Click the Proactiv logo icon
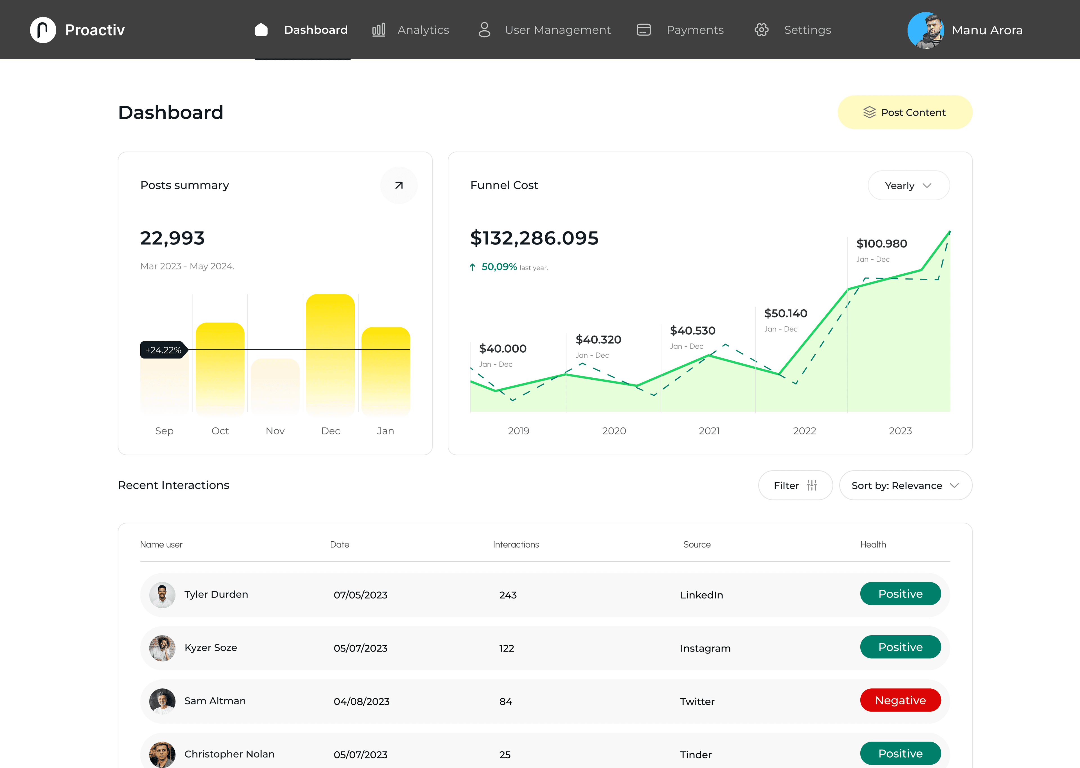(x=43, y=30)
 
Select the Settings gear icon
(x=761, y=30)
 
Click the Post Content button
(x=904, y=112)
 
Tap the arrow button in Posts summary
(x=399, y=185)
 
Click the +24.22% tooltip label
(x=163, y=350)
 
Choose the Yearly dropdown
(x=908, y=185)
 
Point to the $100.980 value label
(x=881, y=244)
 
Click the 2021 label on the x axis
(x=709, y=431)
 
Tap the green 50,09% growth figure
(x=499, y=267)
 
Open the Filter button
(x=795, y=485)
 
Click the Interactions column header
(x=516, y=544)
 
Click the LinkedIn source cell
(x=701, y=595)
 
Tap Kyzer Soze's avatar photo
(x=162, y=648)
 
